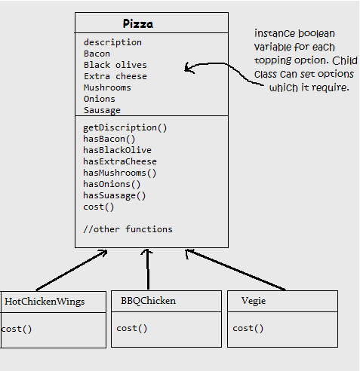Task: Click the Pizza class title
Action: [138, 23]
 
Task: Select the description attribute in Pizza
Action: [112, 42]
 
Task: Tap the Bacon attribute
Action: [97, 54]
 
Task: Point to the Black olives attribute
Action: [115, 65]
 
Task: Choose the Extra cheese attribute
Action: [115, 76]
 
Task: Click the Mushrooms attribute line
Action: [107, 87]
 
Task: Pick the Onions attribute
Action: [100, 99]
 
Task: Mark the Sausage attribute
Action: [102, 110]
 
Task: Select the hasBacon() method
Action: [109, 139]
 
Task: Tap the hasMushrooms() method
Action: [121, 173]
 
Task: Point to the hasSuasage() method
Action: [115, 195]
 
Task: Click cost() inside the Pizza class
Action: [99, 207]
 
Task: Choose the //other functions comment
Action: [128, 229]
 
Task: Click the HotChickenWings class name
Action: [45, 302]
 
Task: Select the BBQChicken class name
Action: [148, 301]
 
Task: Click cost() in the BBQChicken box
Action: [131, 328]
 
